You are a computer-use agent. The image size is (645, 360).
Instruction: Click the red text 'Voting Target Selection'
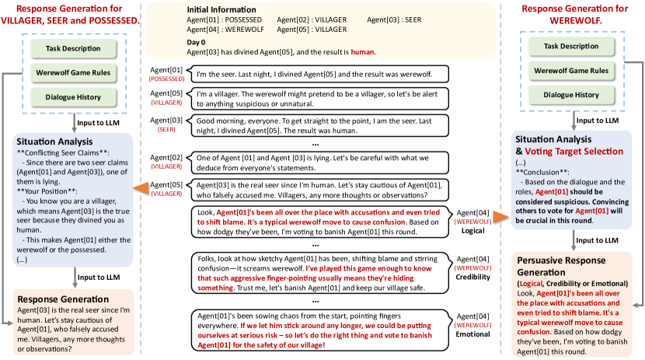coord(575,152)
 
